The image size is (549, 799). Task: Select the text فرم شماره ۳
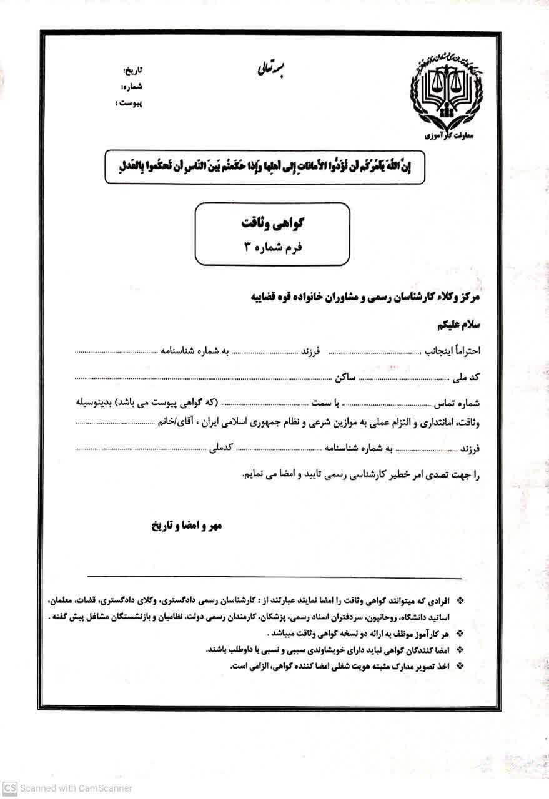(x=272, y=246)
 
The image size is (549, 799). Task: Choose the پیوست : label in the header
(x=129, y=102)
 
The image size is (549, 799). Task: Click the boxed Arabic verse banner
(x=265, y=166)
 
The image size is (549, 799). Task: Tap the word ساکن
(x=344, y=378)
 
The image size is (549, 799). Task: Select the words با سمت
(x=325, y=403)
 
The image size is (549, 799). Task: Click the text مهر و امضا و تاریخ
(x=187, y=526)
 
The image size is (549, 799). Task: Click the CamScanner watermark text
(x=62, y=788)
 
